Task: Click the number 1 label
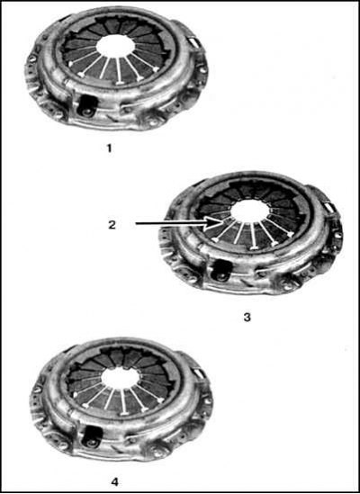[109, 148]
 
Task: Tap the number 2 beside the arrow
[112, 225]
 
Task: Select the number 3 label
[247, 318]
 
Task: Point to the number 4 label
[115, 482]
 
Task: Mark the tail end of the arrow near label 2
[136, 224]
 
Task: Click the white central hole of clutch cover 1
[115, 46]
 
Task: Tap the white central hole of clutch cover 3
[251, 211]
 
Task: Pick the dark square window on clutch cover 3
[222, 271]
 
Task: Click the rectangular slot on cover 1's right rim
[193, 43]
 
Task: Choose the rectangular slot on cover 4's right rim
[199, 374]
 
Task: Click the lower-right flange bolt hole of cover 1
[153, 121]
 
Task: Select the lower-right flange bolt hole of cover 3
[288, 286]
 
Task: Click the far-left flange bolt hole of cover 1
[32, 58]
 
